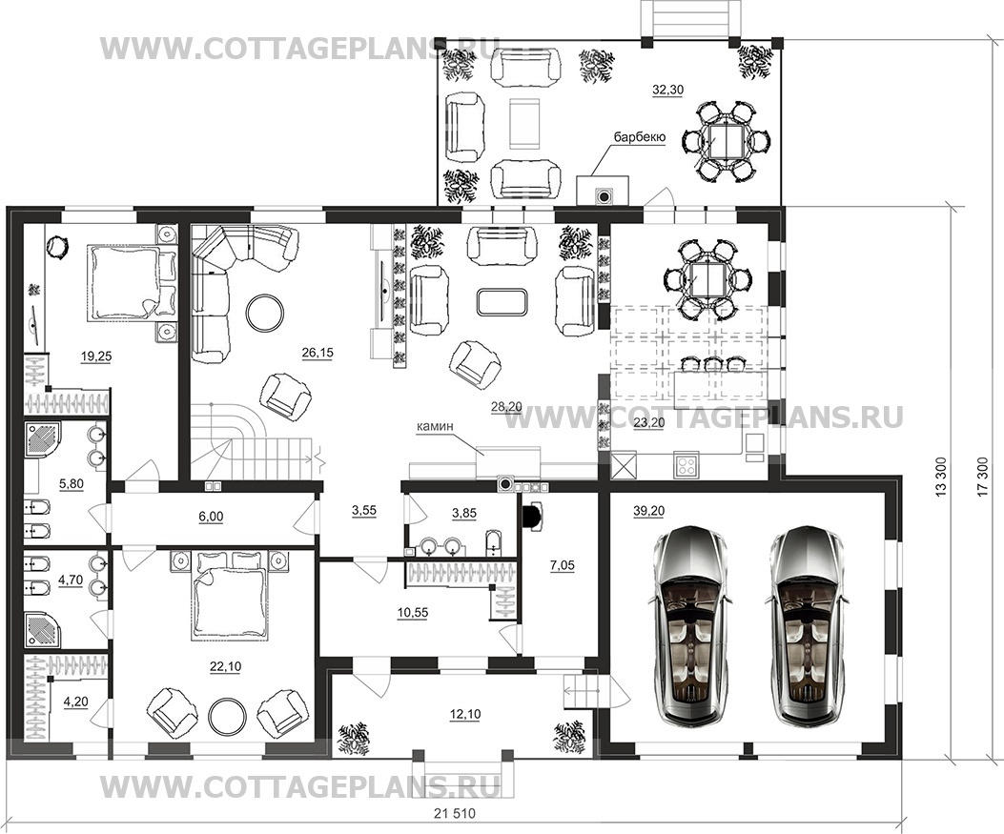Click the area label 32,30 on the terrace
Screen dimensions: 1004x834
pyautogui.click(x=667, y=91)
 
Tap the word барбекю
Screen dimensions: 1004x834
pyautogui.click(x=640, y=137)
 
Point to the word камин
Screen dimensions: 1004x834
pyautogui.click(x=436, y=425)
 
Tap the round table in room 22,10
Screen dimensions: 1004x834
pyautogui.click(x=229, y=716)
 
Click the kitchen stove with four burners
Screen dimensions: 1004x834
pyautogui.click(x=687, y=464)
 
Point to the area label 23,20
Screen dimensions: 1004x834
pyautogui.click(x=648, y=422)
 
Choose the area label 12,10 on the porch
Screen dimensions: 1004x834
pyautogui.click(x=465, y=714)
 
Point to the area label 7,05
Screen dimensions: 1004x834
pyautogui.click(x=562, y=566)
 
